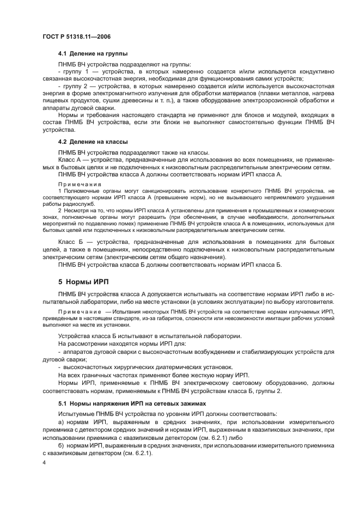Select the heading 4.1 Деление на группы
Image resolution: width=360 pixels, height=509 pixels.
pyautogui.click(x=93, y=54)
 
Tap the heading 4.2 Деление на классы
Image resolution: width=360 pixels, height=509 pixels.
pyautogui.click(x=93, y=142)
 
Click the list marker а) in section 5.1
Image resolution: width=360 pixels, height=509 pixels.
pyautogui.click(x=61, y=422)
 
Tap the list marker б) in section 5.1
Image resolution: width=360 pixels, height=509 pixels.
pyautogui.click(x=61, y=445)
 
